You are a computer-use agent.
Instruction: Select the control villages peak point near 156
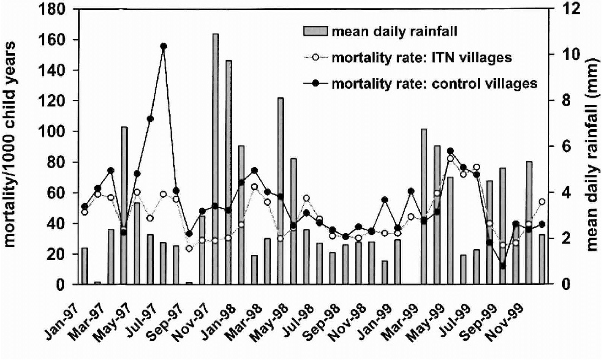coord(163,46)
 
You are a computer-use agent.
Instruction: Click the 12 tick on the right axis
coord(564,9)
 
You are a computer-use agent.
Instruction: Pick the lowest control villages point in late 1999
coord(503,265)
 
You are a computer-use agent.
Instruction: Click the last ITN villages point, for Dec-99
coord(542,202)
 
